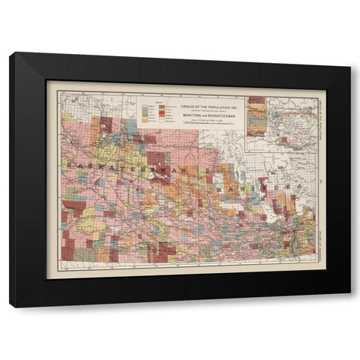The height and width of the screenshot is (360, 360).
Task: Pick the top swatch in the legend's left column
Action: pyautogui.click(x=146, y=106)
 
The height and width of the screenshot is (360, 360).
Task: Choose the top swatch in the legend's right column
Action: pyautogui.click(x=162, y=106)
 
